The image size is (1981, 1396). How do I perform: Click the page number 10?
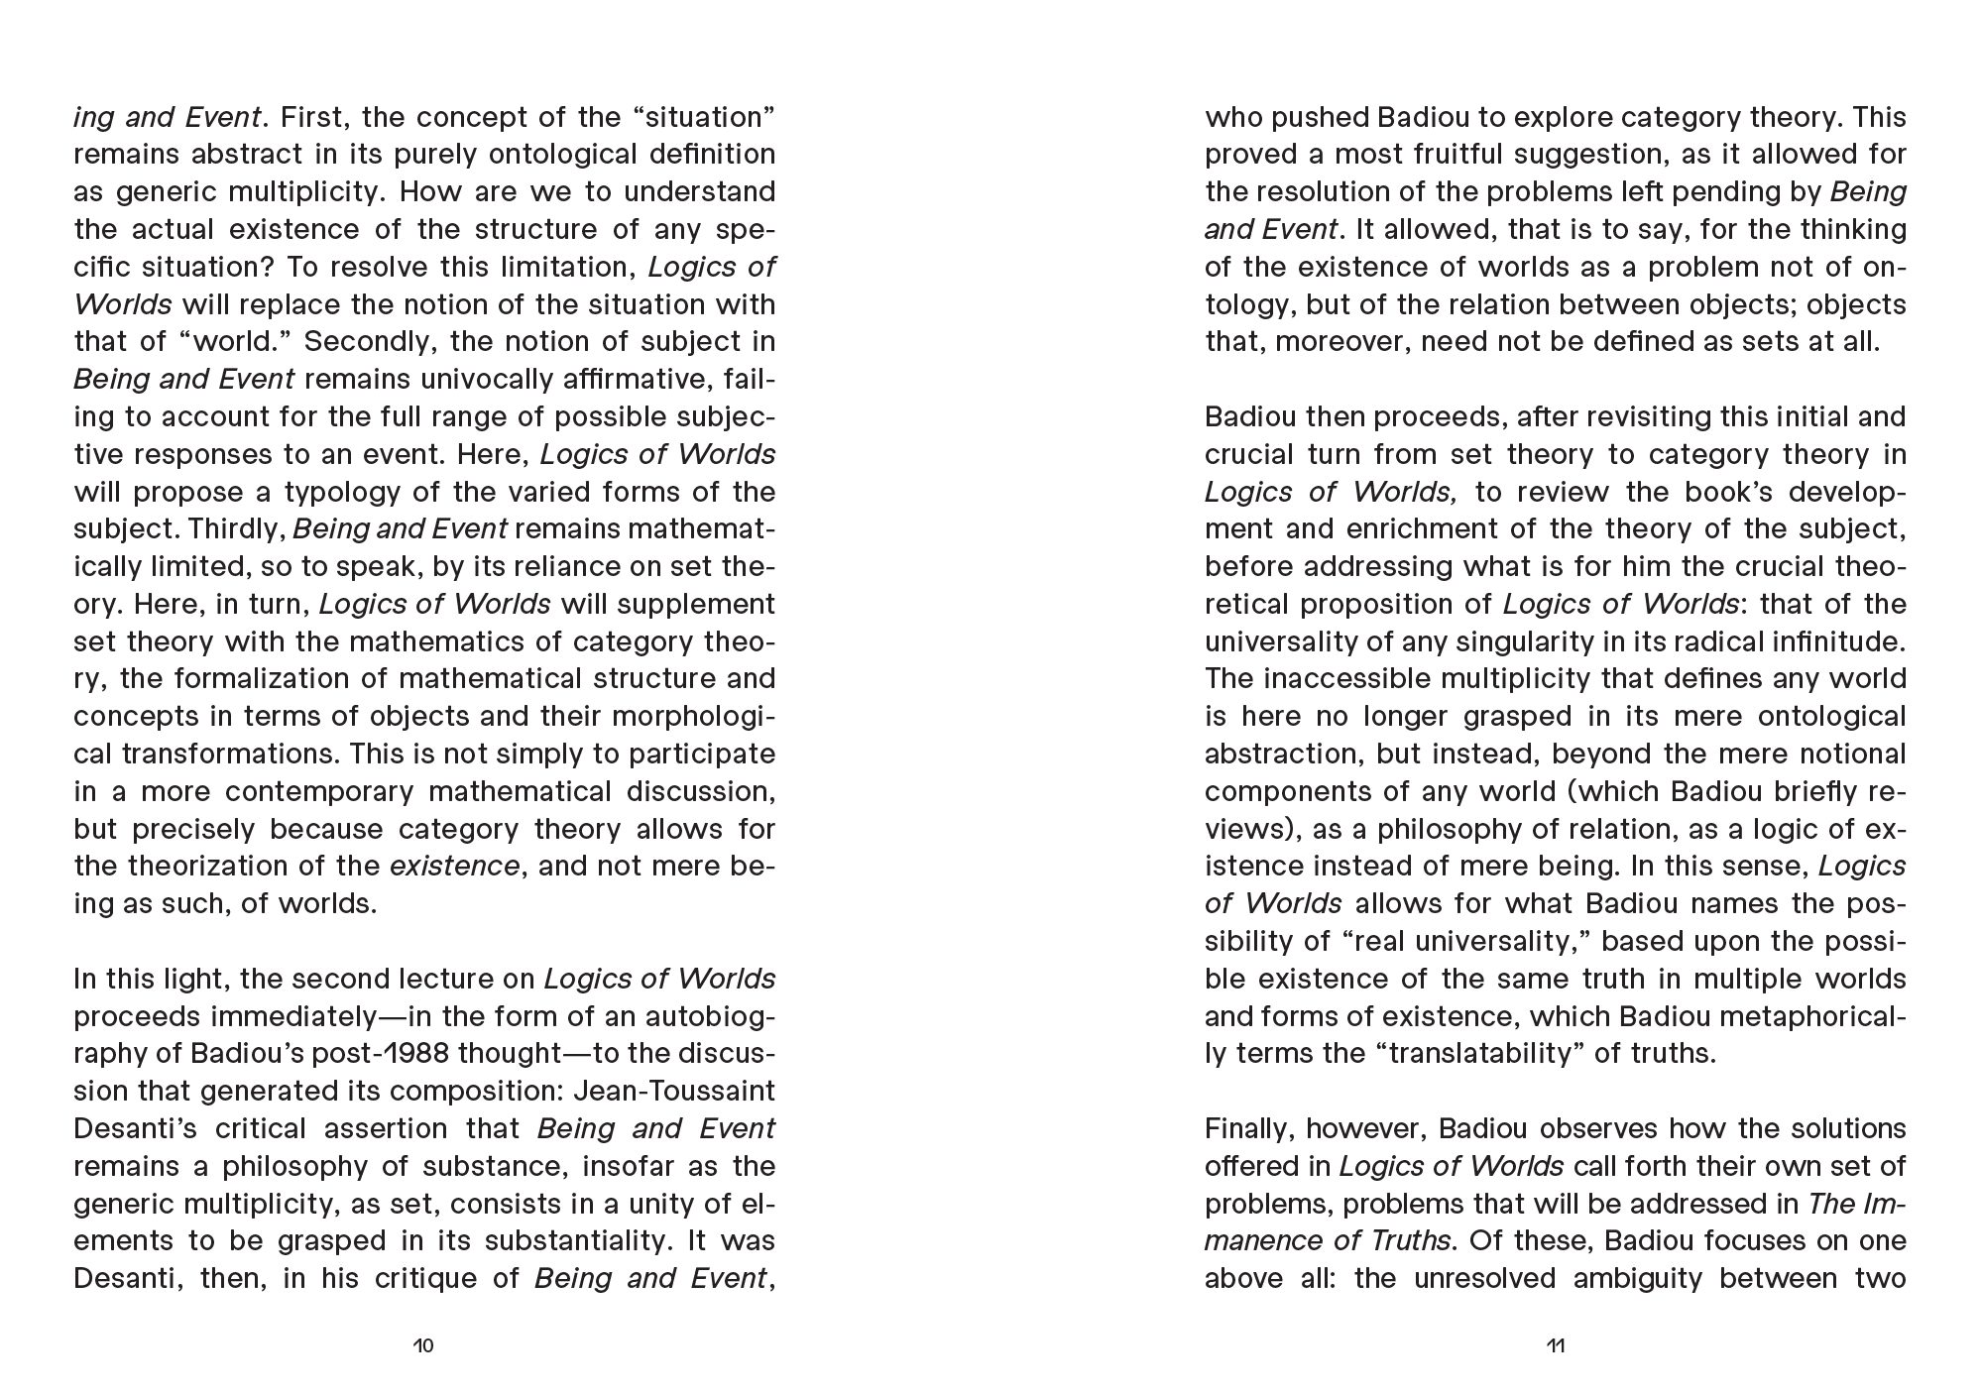(x=423, y=1345)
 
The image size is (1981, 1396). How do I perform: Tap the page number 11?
(x=1555, y=1345)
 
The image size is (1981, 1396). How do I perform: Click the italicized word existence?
(x=454, y=866)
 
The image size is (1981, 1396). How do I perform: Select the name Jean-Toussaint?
(x=675, y=1091)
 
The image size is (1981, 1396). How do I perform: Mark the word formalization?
(x=225, y=679)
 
